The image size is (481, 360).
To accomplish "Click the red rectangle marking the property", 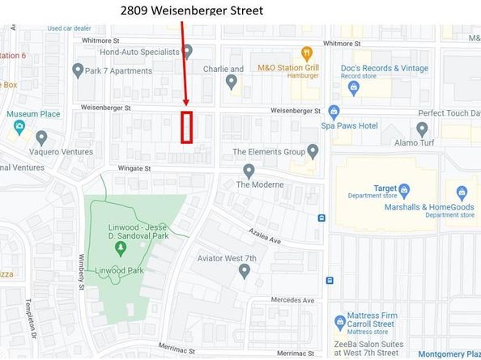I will click(187, 128).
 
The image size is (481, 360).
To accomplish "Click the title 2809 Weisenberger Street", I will click(191, 11).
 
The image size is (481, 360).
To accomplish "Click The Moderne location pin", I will click(249, 171).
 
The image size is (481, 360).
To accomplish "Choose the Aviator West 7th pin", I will click(245, 271).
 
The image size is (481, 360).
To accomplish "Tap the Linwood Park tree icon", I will click(121, 247).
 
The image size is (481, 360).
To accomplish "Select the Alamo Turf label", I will click(436, 143).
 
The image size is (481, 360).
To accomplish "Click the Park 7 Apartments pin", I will click(78, 71).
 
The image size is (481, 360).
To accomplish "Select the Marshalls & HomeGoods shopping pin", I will click(462, 193).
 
